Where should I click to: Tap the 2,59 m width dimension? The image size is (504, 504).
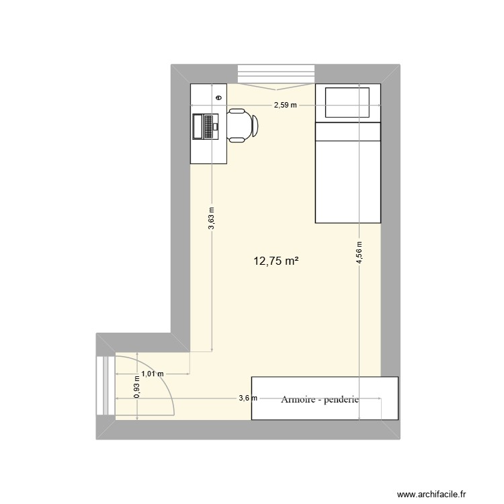point(285,106)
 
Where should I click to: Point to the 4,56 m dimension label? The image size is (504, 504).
point(360,253)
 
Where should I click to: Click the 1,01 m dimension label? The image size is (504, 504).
point(152,374)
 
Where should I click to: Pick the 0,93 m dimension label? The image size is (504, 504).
point(137,387)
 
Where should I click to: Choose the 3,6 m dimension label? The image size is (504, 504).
point(248,398)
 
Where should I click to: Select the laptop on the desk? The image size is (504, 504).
point(205,126)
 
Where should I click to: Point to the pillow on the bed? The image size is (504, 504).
point(348,102)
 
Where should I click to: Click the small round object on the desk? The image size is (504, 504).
point(219,97)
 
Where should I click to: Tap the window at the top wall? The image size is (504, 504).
point(276,73)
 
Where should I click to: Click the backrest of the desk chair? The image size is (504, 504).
point(255,126)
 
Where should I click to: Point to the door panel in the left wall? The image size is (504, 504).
point(105,386)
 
